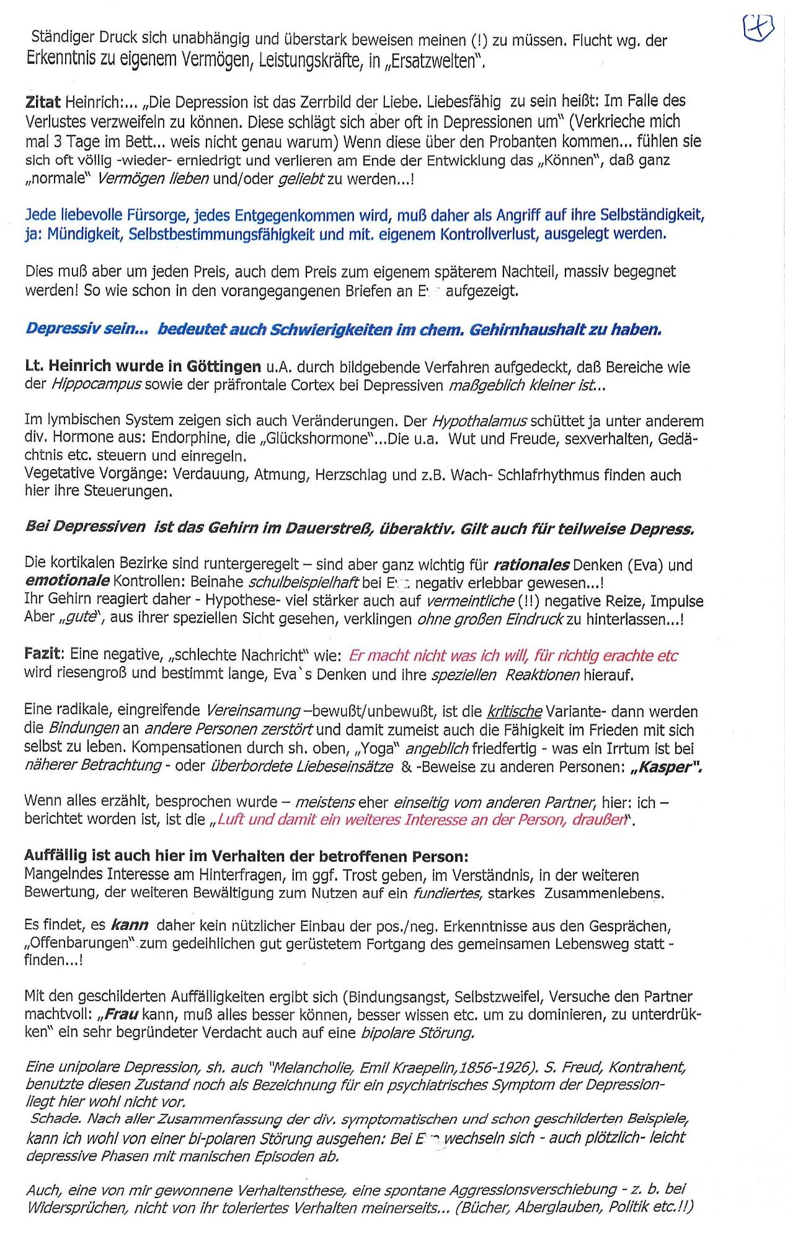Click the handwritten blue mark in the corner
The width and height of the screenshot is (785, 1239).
(x=758, y=28)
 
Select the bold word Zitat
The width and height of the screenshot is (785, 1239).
(x=43, y=102)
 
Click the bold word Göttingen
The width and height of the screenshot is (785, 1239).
(x=224, y=366)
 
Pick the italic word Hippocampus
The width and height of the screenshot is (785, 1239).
(x=95, y=385)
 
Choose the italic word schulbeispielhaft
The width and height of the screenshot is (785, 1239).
(x=303, y=583)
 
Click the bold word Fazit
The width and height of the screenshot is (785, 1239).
(x=44, y=654)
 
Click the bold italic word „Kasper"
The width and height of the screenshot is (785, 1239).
(x=665, y=767)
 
